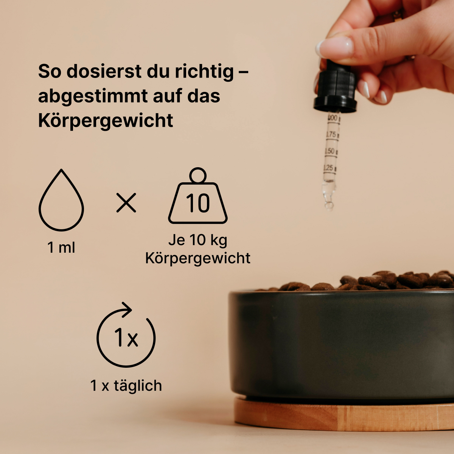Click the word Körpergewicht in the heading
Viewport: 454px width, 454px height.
106,121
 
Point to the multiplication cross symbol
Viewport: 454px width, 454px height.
126,203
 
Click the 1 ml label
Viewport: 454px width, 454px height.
61,247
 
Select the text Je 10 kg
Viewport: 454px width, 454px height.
198,240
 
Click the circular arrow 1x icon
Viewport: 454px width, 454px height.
126,336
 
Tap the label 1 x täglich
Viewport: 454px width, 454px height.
126,386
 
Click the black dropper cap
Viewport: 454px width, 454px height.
335,89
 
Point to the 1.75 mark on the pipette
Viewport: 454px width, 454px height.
331,135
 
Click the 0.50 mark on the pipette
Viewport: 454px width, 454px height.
330,151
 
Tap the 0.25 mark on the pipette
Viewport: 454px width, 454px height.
329,168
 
